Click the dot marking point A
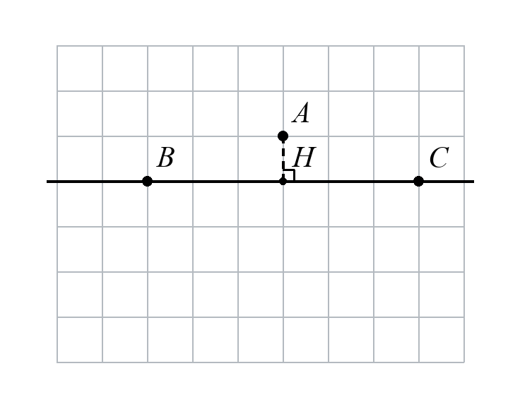[283, 136]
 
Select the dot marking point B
[147, 182]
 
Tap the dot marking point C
[418, 182]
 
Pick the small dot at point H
[283, 182]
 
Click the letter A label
[301, 113]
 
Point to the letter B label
[165, 157]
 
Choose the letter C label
[439, 158]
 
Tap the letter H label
[305, 157]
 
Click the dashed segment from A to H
[283, 158]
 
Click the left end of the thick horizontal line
[47, 182]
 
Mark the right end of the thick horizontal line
[474, 182]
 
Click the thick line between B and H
[215, 182]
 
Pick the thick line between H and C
[350, 182]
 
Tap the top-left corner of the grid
[57, 46]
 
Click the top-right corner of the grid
[464, 46]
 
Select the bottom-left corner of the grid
[57, 362]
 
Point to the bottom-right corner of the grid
[464, 362]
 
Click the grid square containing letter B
[170, 159]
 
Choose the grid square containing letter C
[442, 159]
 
